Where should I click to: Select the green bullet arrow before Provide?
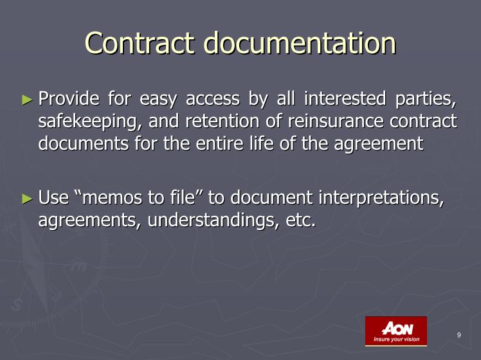[x=27, y=100]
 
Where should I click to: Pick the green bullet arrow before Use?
[x=27, y=199]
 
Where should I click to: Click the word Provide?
[x=69, y=99]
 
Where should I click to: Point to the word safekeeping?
[x=87, y=122]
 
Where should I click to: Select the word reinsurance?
[x=336, y=121]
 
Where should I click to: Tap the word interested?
[x=345, y=99]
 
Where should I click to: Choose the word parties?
[x=426, y=100]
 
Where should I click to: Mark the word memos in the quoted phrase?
[x=113, y=197]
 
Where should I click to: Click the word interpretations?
[x=381, y=199]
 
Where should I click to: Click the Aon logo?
[x=396, y=331]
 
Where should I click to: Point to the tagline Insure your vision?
[x=396, y=339]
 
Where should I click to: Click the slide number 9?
[x=459, y=335]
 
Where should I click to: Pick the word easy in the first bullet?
[x=158, y=100]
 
